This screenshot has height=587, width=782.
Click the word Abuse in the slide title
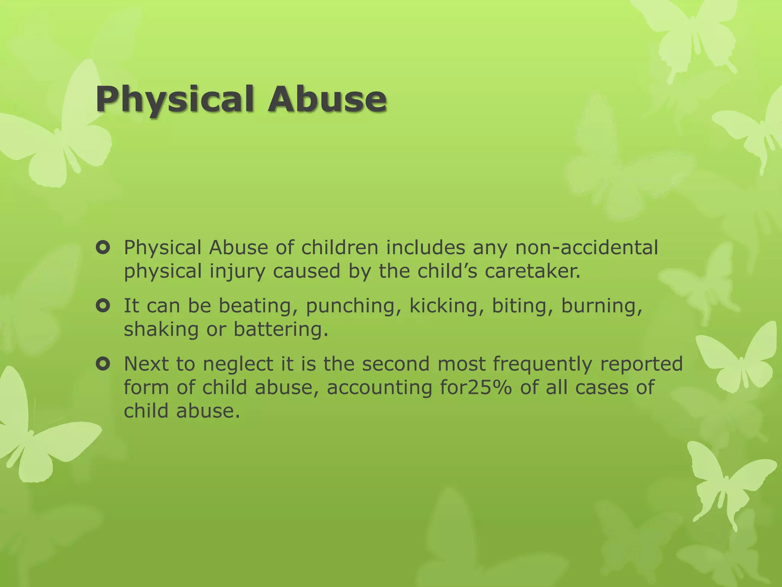327,99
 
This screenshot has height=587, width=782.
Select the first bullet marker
103,248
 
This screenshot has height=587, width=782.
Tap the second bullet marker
103,306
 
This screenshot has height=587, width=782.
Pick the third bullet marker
103,364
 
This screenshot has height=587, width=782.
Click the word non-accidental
586,248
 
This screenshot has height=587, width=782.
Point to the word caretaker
532,271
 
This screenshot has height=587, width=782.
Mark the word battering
281,329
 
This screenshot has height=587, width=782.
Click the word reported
641,365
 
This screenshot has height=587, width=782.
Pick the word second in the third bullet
396,364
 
